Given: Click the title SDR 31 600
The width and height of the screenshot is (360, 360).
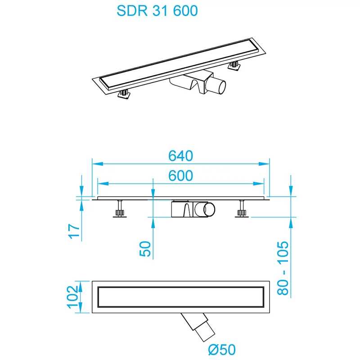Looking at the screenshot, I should pos(157,11).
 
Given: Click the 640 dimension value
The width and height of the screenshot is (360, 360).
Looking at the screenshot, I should pos(180,155).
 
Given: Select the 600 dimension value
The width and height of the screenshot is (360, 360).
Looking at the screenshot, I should pos(180,175).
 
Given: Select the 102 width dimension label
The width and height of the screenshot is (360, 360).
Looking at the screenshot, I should pos(73,297).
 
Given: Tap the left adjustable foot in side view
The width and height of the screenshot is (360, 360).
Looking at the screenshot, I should pos(120,210).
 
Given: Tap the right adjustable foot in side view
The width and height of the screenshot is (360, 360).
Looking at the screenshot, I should pos(242,210).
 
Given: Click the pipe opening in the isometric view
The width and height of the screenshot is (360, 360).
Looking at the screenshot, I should pos(219,85).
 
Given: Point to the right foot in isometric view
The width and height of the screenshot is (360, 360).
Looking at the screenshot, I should pos(234,67).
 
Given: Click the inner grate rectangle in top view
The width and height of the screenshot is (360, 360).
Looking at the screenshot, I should pos(180,297).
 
